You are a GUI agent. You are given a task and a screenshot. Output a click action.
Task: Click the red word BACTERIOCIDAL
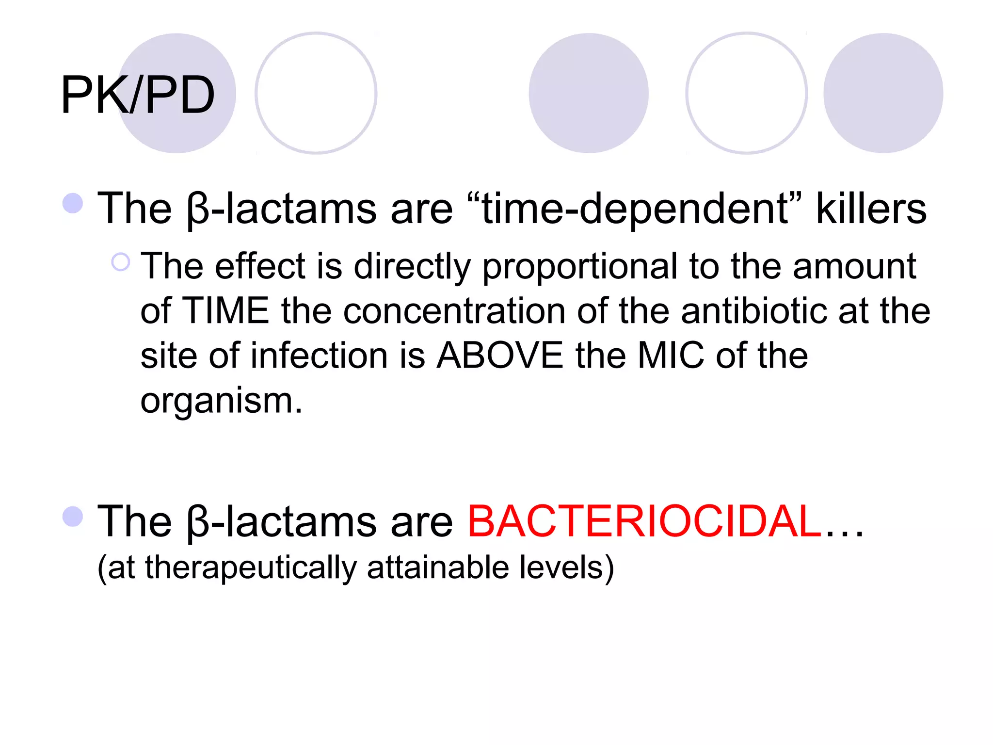coord(644,521)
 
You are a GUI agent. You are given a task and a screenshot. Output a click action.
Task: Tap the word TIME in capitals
coord(226,310)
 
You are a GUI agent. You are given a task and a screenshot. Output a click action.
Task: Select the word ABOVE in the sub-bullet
coord(500,355)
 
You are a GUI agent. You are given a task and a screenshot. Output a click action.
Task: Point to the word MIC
coord(671,355)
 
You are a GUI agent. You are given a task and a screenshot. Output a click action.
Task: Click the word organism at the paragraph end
coord(221,401)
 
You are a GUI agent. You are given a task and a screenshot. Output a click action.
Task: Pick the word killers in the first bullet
coord(871,209)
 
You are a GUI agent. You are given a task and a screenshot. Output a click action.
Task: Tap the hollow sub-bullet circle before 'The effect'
coord(121,262)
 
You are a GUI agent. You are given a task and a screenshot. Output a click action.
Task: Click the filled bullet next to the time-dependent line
coord(73,203)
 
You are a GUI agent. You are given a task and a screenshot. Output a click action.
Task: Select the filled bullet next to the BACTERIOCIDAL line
coord(73,517)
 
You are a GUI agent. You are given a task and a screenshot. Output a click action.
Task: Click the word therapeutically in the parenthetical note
coord(250,567)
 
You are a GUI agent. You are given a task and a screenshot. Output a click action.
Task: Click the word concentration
coord(454,310)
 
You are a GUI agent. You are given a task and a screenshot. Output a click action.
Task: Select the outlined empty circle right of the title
coord(316,93)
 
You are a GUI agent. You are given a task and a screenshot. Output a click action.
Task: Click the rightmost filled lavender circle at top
coord(883,93)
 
